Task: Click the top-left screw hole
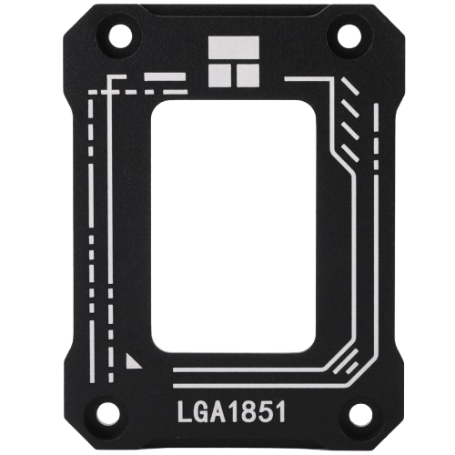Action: pyautogui.click(x=117, y=36)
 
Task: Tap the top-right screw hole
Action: pyautogui.click(x=349, y=36)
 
